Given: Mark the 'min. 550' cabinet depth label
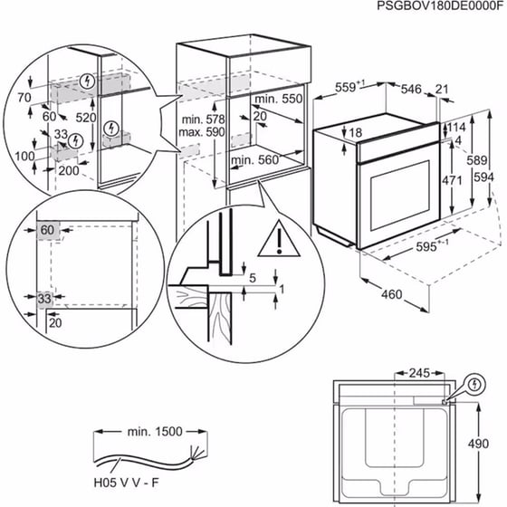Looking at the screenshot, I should point(276,98).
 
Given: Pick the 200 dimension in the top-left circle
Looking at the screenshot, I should point(67,168).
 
